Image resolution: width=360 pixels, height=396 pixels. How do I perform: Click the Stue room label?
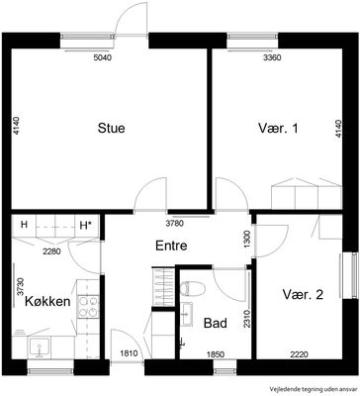click(111, 128)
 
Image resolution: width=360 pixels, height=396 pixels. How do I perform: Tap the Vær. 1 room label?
click(278, 128)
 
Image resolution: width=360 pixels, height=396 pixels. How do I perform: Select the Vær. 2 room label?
click(303, 294)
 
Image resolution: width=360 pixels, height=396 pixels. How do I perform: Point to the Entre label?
click(171, 246)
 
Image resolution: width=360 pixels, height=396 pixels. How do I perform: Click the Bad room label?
click(216, 323)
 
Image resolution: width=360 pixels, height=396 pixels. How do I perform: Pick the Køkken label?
click(47, 301)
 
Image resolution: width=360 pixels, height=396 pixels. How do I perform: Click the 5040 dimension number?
click(103, 58)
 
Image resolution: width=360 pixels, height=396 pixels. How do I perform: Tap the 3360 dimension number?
click(272, 58)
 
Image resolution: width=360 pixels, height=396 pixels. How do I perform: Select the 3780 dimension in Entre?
click(174, 224)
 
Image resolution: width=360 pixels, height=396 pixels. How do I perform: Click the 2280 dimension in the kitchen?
click(51, 251)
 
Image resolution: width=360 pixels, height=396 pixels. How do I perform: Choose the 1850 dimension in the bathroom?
click(216, 354)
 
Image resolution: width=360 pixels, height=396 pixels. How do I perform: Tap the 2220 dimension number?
click(299, 354)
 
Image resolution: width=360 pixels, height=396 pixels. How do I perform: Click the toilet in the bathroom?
click(192, 289)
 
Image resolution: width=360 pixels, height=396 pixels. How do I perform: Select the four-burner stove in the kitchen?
click(88, 307)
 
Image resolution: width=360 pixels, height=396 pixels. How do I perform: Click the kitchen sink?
click(39, 347)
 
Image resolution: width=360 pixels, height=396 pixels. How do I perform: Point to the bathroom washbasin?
click(187, 314)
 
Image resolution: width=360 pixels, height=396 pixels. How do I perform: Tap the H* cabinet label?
click(86, 226)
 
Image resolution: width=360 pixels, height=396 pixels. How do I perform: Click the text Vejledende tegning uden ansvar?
click(314, 388)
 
